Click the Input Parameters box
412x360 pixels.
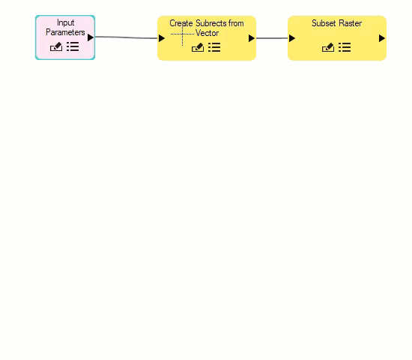pos(65,37)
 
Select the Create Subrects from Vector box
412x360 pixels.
pos(207,38)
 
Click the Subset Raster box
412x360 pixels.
pos(337,38)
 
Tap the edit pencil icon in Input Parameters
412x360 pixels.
pos(56,46)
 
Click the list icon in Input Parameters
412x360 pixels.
pos(73,46)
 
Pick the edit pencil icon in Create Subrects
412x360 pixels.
pos(198,47)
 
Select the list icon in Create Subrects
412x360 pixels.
pos(214,47)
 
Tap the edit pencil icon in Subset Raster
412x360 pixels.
pos(328,47)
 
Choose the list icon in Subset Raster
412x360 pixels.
pos(345,47)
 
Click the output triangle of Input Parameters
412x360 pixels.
pos(91,37)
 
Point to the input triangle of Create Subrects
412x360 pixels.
pos(162,38)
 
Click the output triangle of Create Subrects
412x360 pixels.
pos(252,38)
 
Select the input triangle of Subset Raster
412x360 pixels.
pos(292,38)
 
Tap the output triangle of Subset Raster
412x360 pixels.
pos(382,38)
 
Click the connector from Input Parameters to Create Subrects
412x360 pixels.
pos(127,37)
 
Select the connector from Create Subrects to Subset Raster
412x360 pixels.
pos(272,38)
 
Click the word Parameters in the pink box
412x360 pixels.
pos(65,32)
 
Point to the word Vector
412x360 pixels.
pos(207,33)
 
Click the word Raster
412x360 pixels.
pos(350,23)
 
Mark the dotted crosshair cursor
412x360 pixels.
pos(182,34)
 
